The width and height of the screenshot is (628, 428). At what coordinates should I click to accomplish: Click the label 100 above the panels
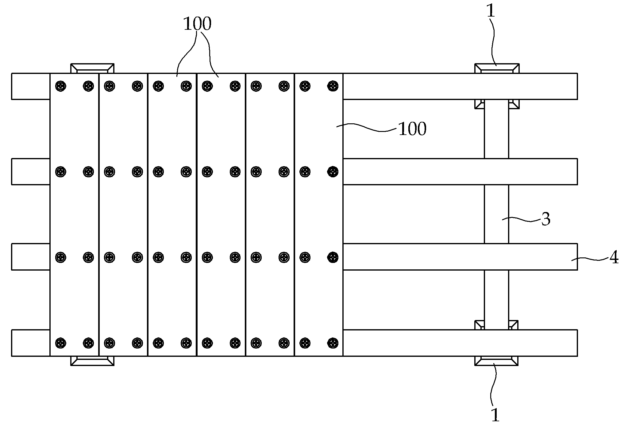tap(197, 24)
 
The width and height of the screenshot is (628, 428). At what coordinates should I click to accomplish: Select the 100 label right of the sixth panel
tap(412, 129)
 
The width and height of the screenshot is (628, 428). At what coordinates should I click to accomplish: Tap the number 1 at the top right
tap(491, 11)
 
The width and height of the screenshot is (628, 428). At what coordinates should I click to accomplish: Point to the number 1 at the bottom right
tap(495, 415)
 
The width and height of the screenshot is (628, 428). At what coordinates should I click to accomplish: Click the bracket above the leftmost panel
tap(92, 68)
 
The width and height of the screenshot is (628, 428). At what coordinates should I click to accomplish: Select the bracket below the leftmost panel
tap(92, 361)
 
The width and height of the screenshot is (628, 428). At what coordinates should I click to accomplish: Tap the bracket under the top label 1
tap(497, 68)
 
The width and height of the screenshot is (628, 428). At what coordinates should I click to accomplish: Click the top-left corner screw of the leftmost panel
tap(61, 86)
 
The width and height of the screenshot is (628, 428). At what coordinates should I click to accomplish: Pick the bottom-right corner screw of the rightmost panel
tap(333, 342)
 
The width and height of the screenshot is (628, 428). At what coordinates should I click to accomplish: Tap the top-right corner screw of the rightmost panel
tap(333, 86)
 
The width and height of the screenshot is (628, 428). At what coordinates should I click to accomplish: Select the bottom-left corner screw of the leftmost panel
tap(61, 342)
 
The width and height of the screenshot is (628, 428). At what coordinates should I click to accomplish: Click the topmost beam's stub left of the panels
tap(31, 86)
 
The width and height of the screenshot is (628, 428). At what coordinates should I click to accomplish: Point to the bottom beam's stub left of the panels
tap(31, 343)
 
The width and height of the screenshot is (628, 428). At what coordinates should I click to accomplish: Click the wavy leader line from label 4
tap(589, 260)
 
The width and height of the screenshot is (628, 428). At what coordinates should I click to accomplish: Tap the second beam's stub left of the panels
tap(31, 172)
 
